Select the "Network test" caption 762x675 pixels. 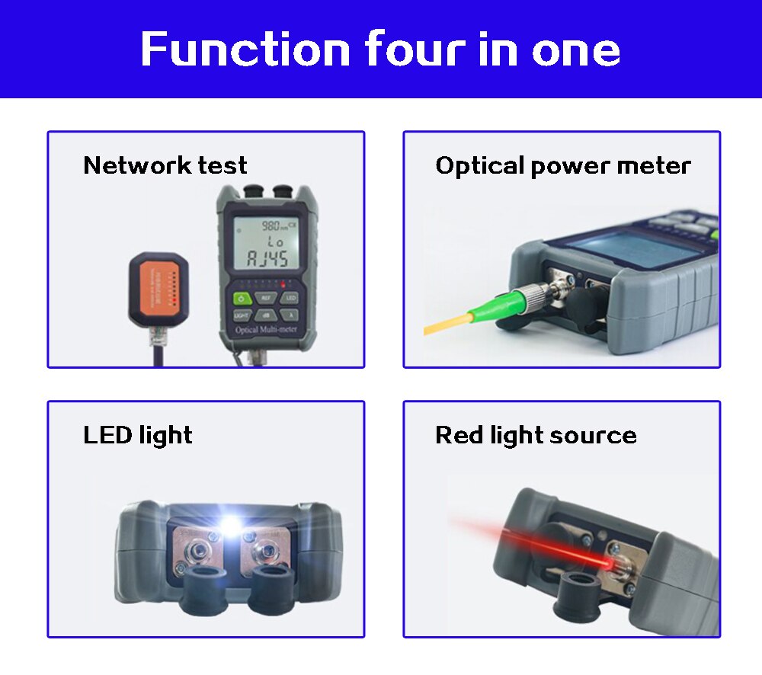(165, 165)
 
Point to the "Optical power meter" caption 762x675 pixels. (563, 165)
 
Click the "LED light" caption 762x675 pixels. (138, 435)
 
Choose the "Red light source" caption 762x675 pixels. (536, 435)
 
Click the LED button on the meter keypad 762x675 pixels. (290, 298)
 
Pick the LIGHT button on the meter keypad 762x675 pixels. (242, 314)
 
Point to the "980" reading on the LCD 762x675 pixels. (270, 226)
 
